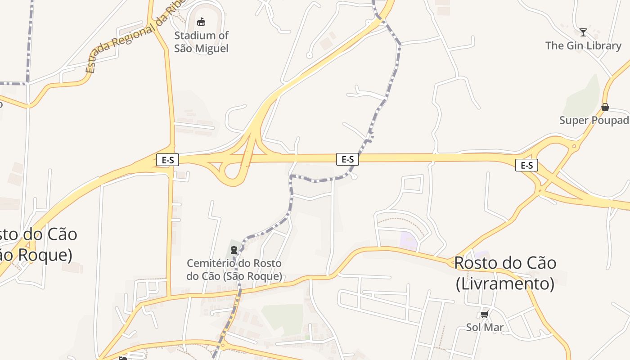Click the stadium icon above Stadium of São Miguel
(x=201, y=22)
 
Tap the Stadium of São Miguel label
(x=201, y=42)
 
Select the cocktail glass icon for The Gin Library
(x=583, y=32)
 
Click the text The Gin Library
(x=583, y=45)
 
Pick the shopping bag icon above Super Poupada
(x=605, y=107)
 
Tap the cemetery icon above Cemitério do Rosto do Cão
(x=234, y=250)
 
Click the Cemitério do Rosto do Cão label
(x=234, y=269)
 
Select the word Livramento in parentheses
(x=505, y=284)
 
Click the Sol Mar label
(x=485, y=327)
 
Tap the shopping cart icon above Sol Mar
(x=485, y=314)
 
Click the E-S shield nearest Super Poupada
(x=526, y=165)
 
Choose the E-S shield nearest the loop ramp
(x=167, y=160)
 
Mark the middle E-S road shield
(x=347, y=159)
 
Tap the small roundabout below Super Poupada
(x=574, y=146)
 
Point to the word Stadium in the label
(x=191, y=35)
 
